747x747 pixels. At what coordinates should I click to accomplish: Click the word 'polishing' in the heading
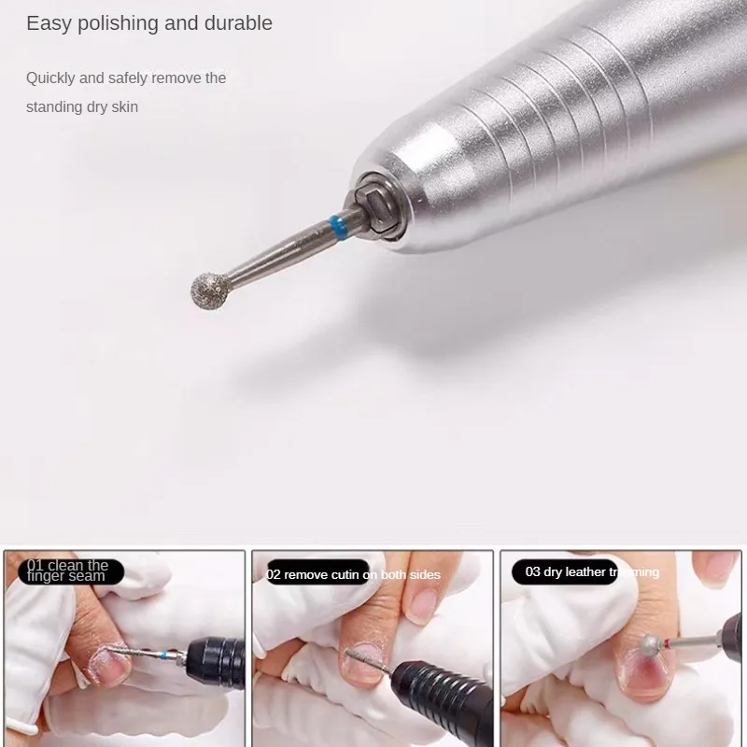pos(116,23)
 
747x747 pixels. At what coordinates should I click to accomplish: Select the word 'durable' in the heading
pos(237,23)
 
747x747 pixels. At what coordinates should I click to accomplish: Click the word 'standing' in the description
pos(54,106)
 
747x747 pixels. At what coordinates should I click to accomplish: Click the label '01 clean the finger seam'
pos(69,571)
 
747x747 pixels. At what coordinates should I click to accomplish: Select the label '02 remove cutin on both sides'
pos(353,574)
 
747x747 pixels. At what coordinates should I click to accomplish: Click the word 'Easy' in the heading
pos(46,23)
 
